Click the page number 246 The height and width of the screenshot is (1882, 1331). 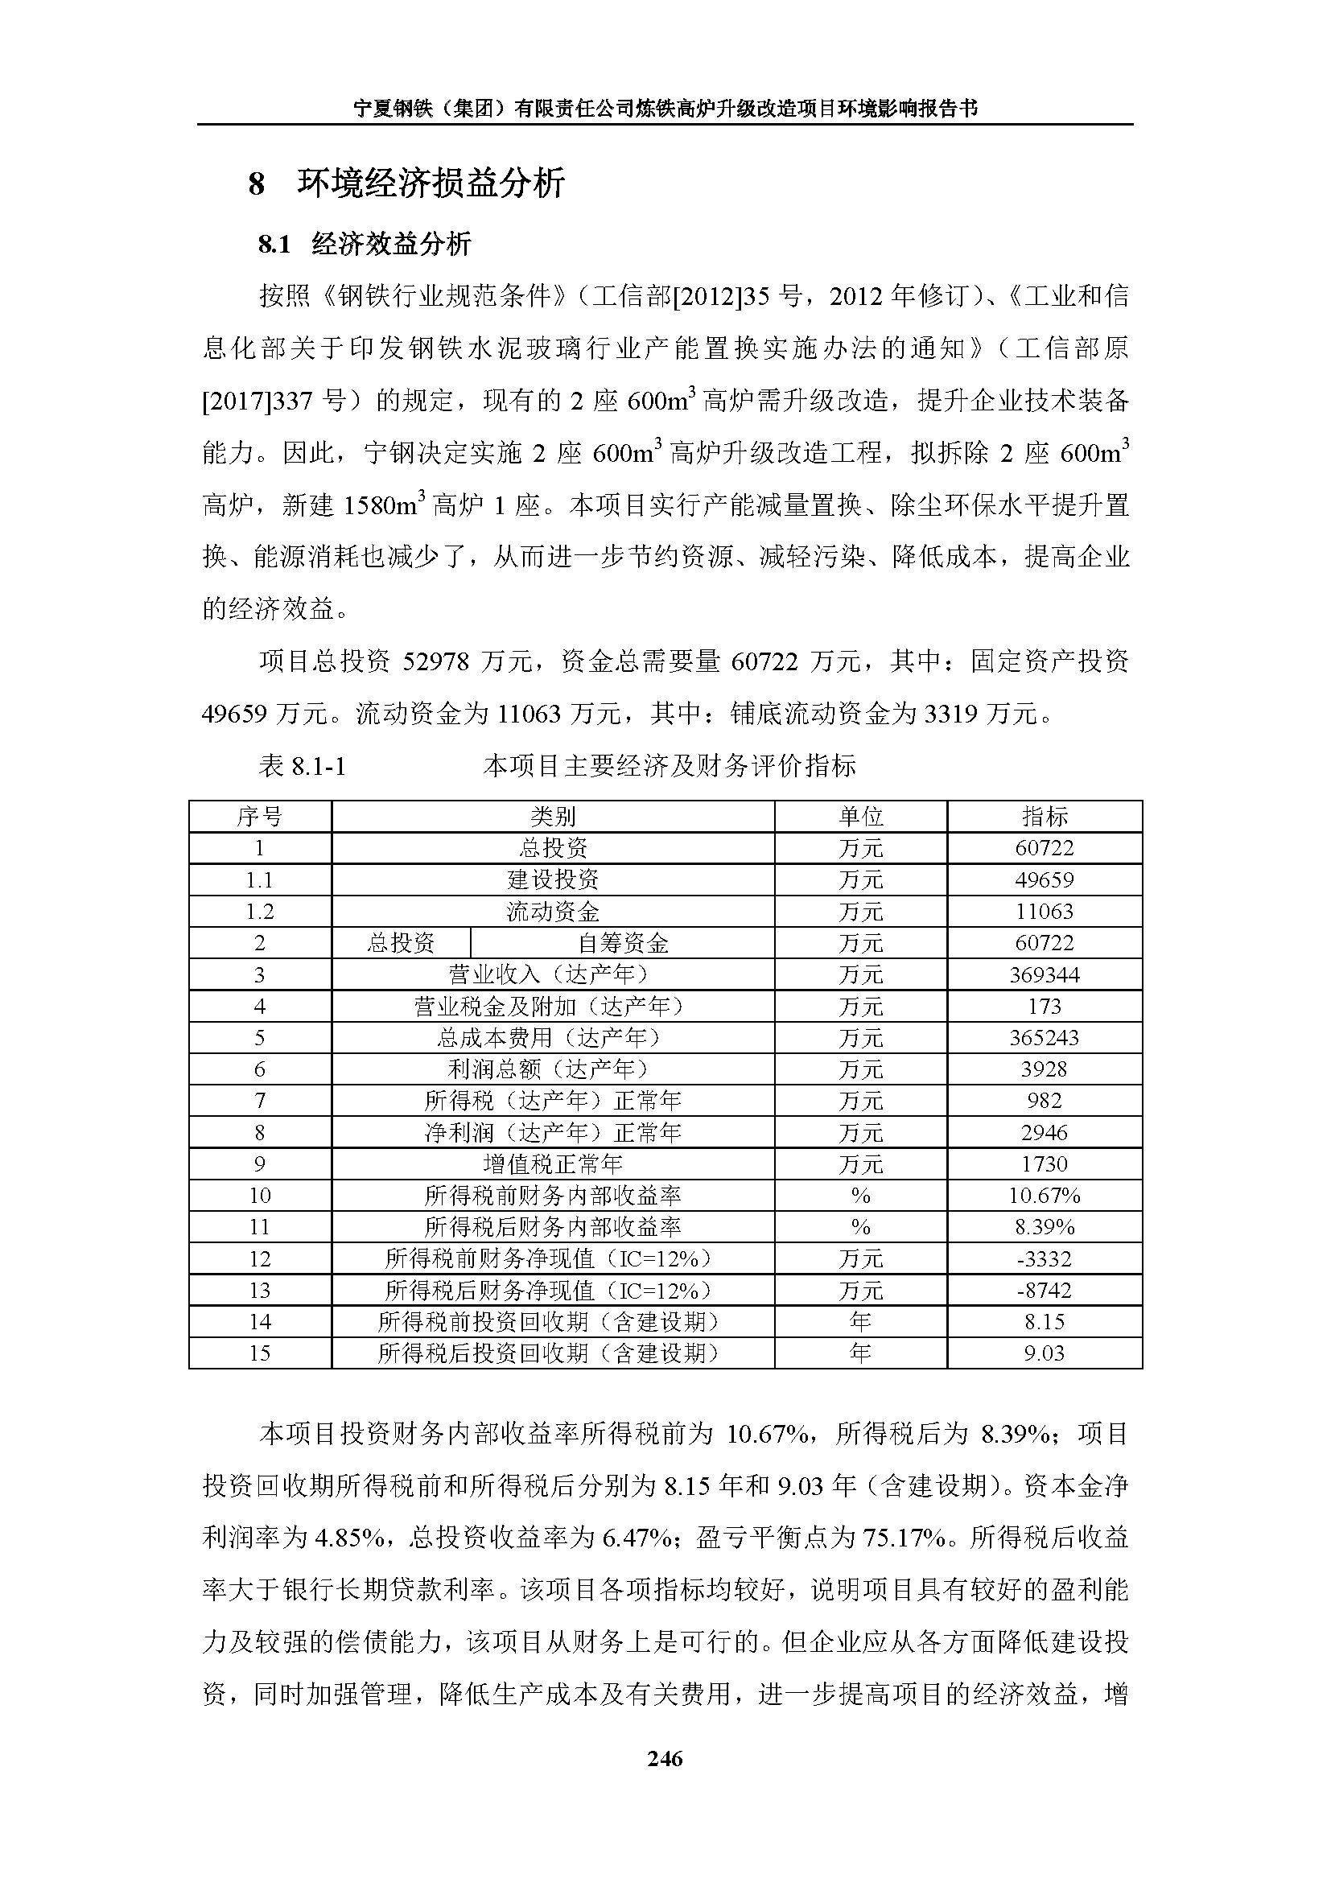click(665, 1757)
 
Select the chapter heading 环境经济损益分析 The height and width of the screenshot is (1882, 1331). click(431, 183)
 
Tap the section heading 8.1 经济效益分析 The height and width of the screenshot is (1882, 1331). click(365, 244)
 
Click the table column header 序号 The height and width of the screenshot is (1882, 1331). click(260, 817)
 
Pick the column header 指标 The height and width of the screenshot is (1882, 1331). click(1045, 817)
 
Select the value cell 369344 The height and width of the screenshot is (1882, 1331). click(1045, 974)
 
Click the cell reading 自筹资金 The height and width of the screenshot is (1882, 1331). click(623, 944)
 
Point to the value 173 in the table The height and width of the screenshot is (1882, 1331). click(1045, 1007)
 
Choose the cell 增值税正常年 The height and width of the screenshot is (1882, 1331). click(552, 1164)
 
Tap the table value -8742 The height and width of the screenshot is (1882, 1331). click(1045, 1290)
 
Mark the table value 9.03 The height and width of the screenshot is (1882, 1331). click(1045, 1353)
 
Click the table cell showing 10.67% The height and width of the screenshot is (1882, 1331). click(1045, 1196)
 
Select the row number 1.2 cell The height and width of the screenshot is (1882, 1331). click(260, 912)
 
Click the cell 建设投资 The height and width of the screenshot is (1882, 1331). click(552, 880)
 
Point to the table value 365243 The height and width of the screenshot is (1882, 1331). click(1045, 1038)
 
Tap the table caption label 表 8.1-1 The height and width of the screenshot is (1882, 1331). click(303, 765)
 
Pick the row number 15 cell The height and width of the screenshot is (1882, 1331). click(260, 1353)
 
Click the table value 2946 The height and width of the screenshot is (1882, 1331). click(1045, 1133)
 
